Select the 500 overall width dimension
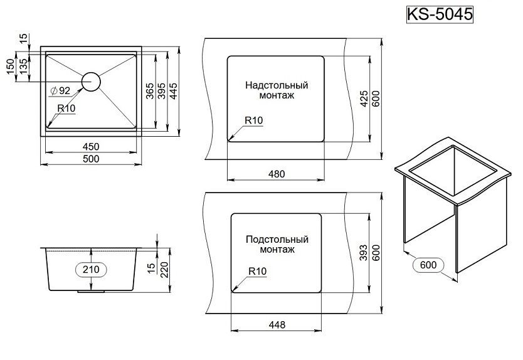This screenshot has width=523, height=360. click(x=92, y=159)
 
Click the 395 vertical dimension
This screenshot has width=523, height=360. click(x=162, y=92)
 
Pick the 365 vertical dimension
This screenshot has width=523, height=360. click(x=150, y=92)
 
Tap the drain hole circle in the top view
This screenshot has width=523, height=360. click(x=90, y=82)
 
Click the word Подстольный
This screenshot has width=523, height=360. click(x=277, y=239)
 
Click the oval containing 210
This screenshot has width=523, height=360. click(x=92, y=269)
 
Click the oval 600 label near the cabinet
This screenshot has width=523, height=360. click(x=428, y=265)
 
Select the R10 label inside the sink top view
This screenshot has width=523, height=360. click(x=66, y=109)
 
